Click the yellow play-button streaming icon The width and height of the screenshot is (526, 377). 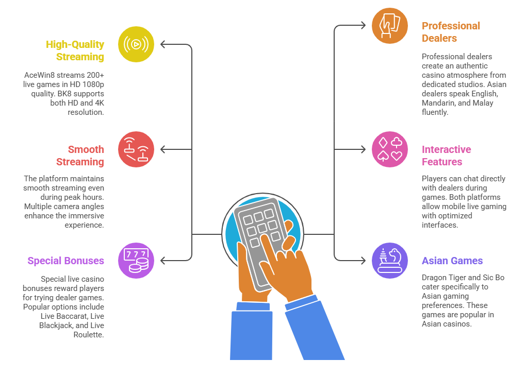(136, 44)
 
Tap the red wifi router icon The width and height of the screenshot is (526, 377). (136, 149)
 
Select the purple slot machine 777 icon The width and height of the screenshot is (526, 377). (136, 261)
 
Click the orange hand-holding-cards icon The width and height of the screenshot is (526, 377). (390, 26)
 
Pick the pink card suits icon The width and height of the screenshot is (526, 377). (390, 149)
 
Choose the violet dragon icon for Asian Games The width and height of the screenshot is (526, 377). (390, 261)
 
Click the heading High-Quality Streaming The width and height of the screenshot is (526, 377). (75, 50)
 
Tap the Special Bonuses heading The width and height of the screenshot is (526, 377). (65, 261)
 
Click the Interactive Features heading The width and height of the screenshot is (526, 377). (447, 156)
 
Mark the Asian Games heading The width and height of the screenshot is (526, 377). (452, 261)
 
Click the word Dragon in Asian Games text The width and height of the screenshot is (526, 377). (435, 278)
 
